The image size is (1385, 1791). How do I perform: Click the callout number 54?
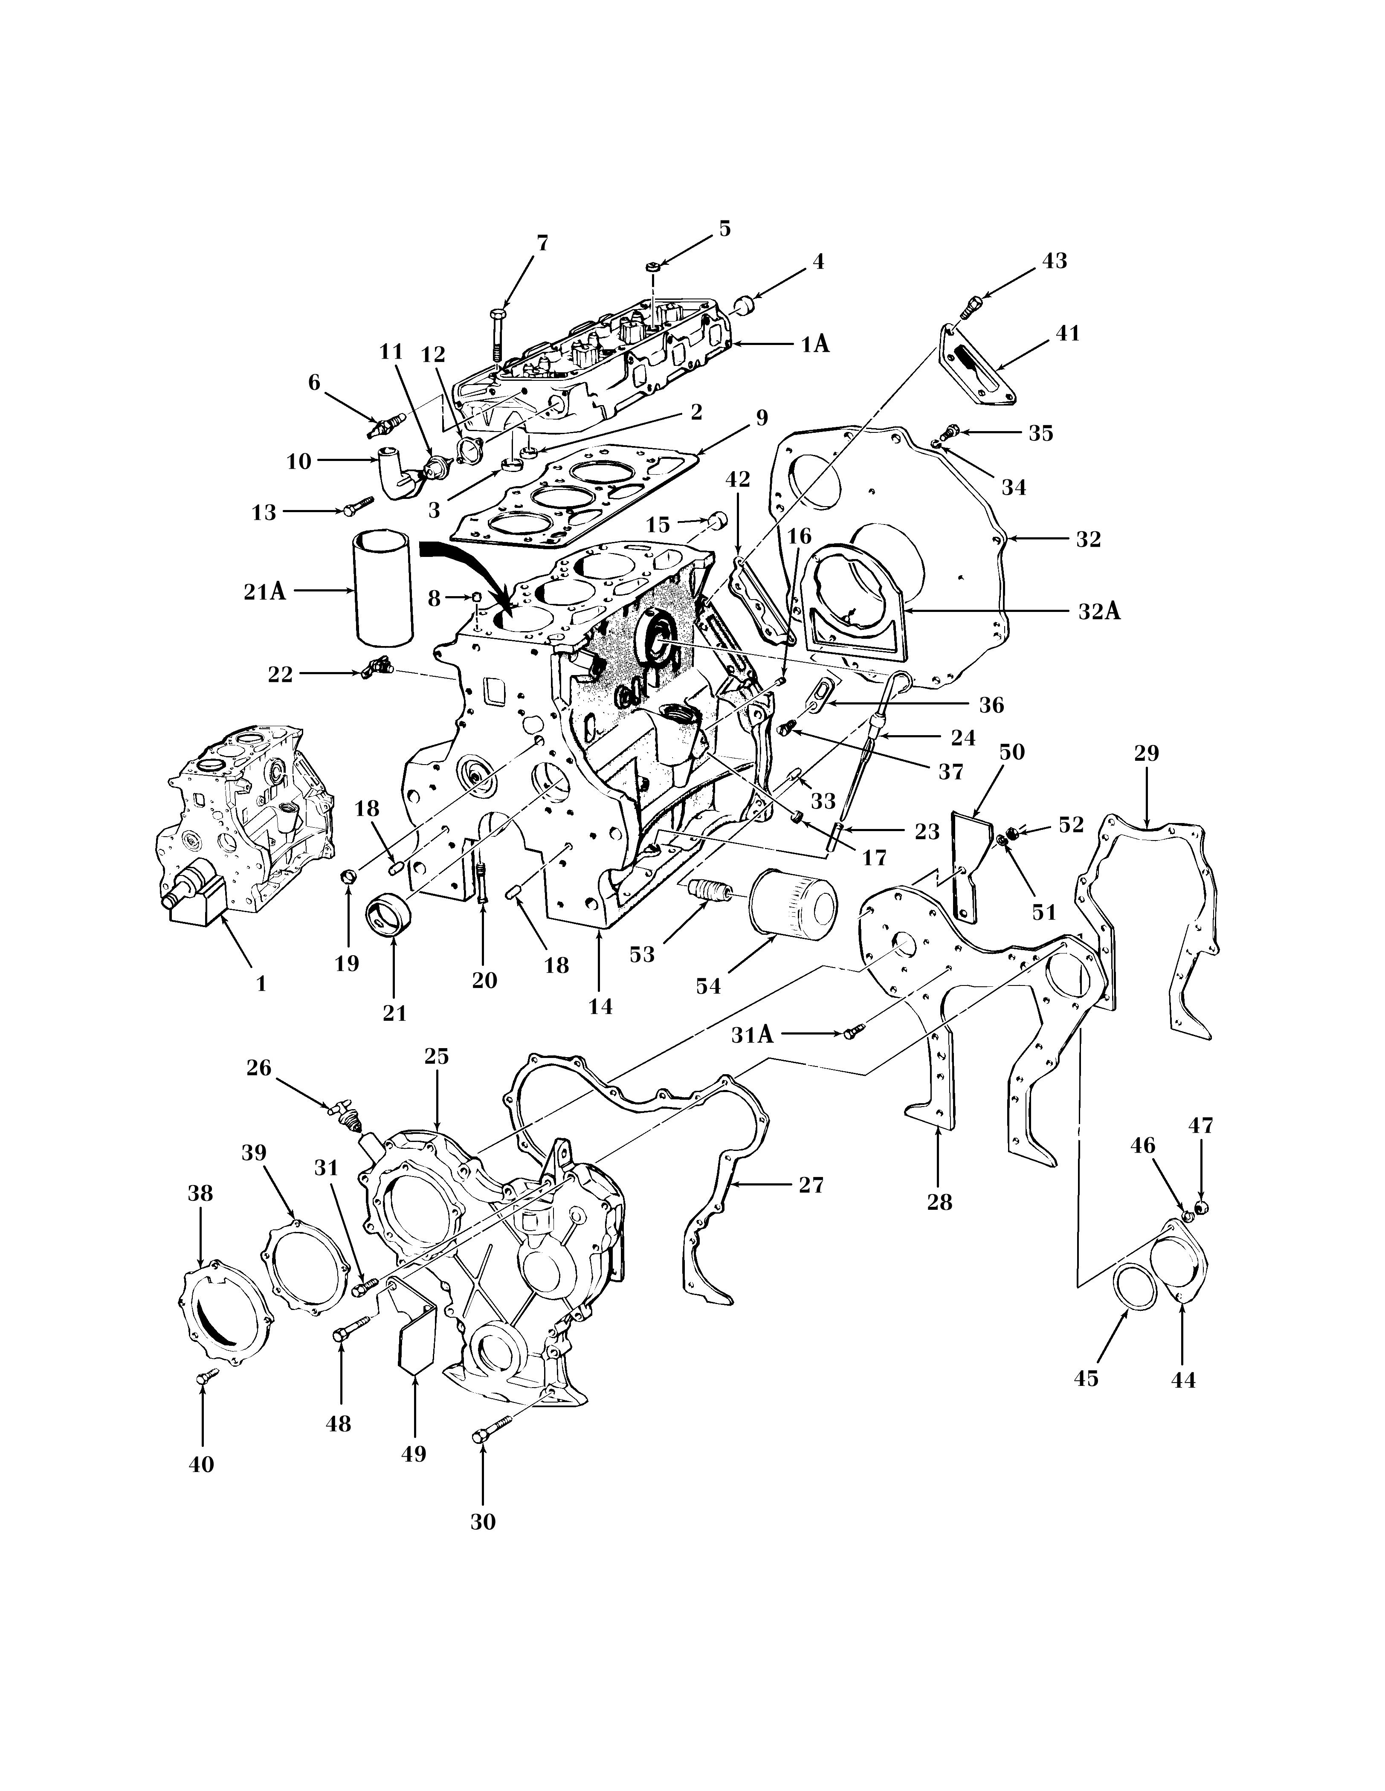(708, 986)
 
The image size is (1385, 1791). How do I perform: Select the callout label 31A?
(752, 1035)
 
